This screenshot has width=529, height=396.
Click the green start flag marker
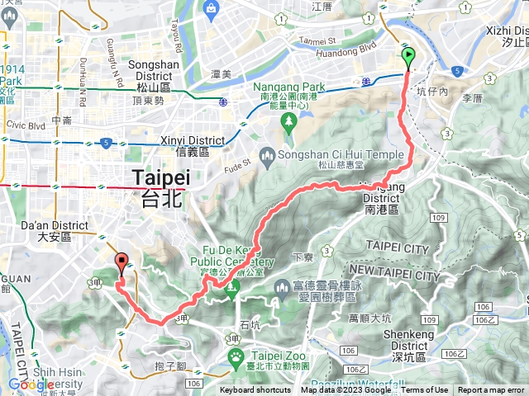[408, 57]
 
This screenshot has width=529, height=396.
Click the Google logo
[31, 384]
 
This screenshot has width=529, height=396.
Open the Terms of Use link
[425, 390]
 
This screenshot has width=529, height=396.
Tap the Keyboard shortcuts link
[255, 390]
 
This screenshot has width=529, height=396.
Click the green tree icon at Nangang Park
[288, 123]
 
